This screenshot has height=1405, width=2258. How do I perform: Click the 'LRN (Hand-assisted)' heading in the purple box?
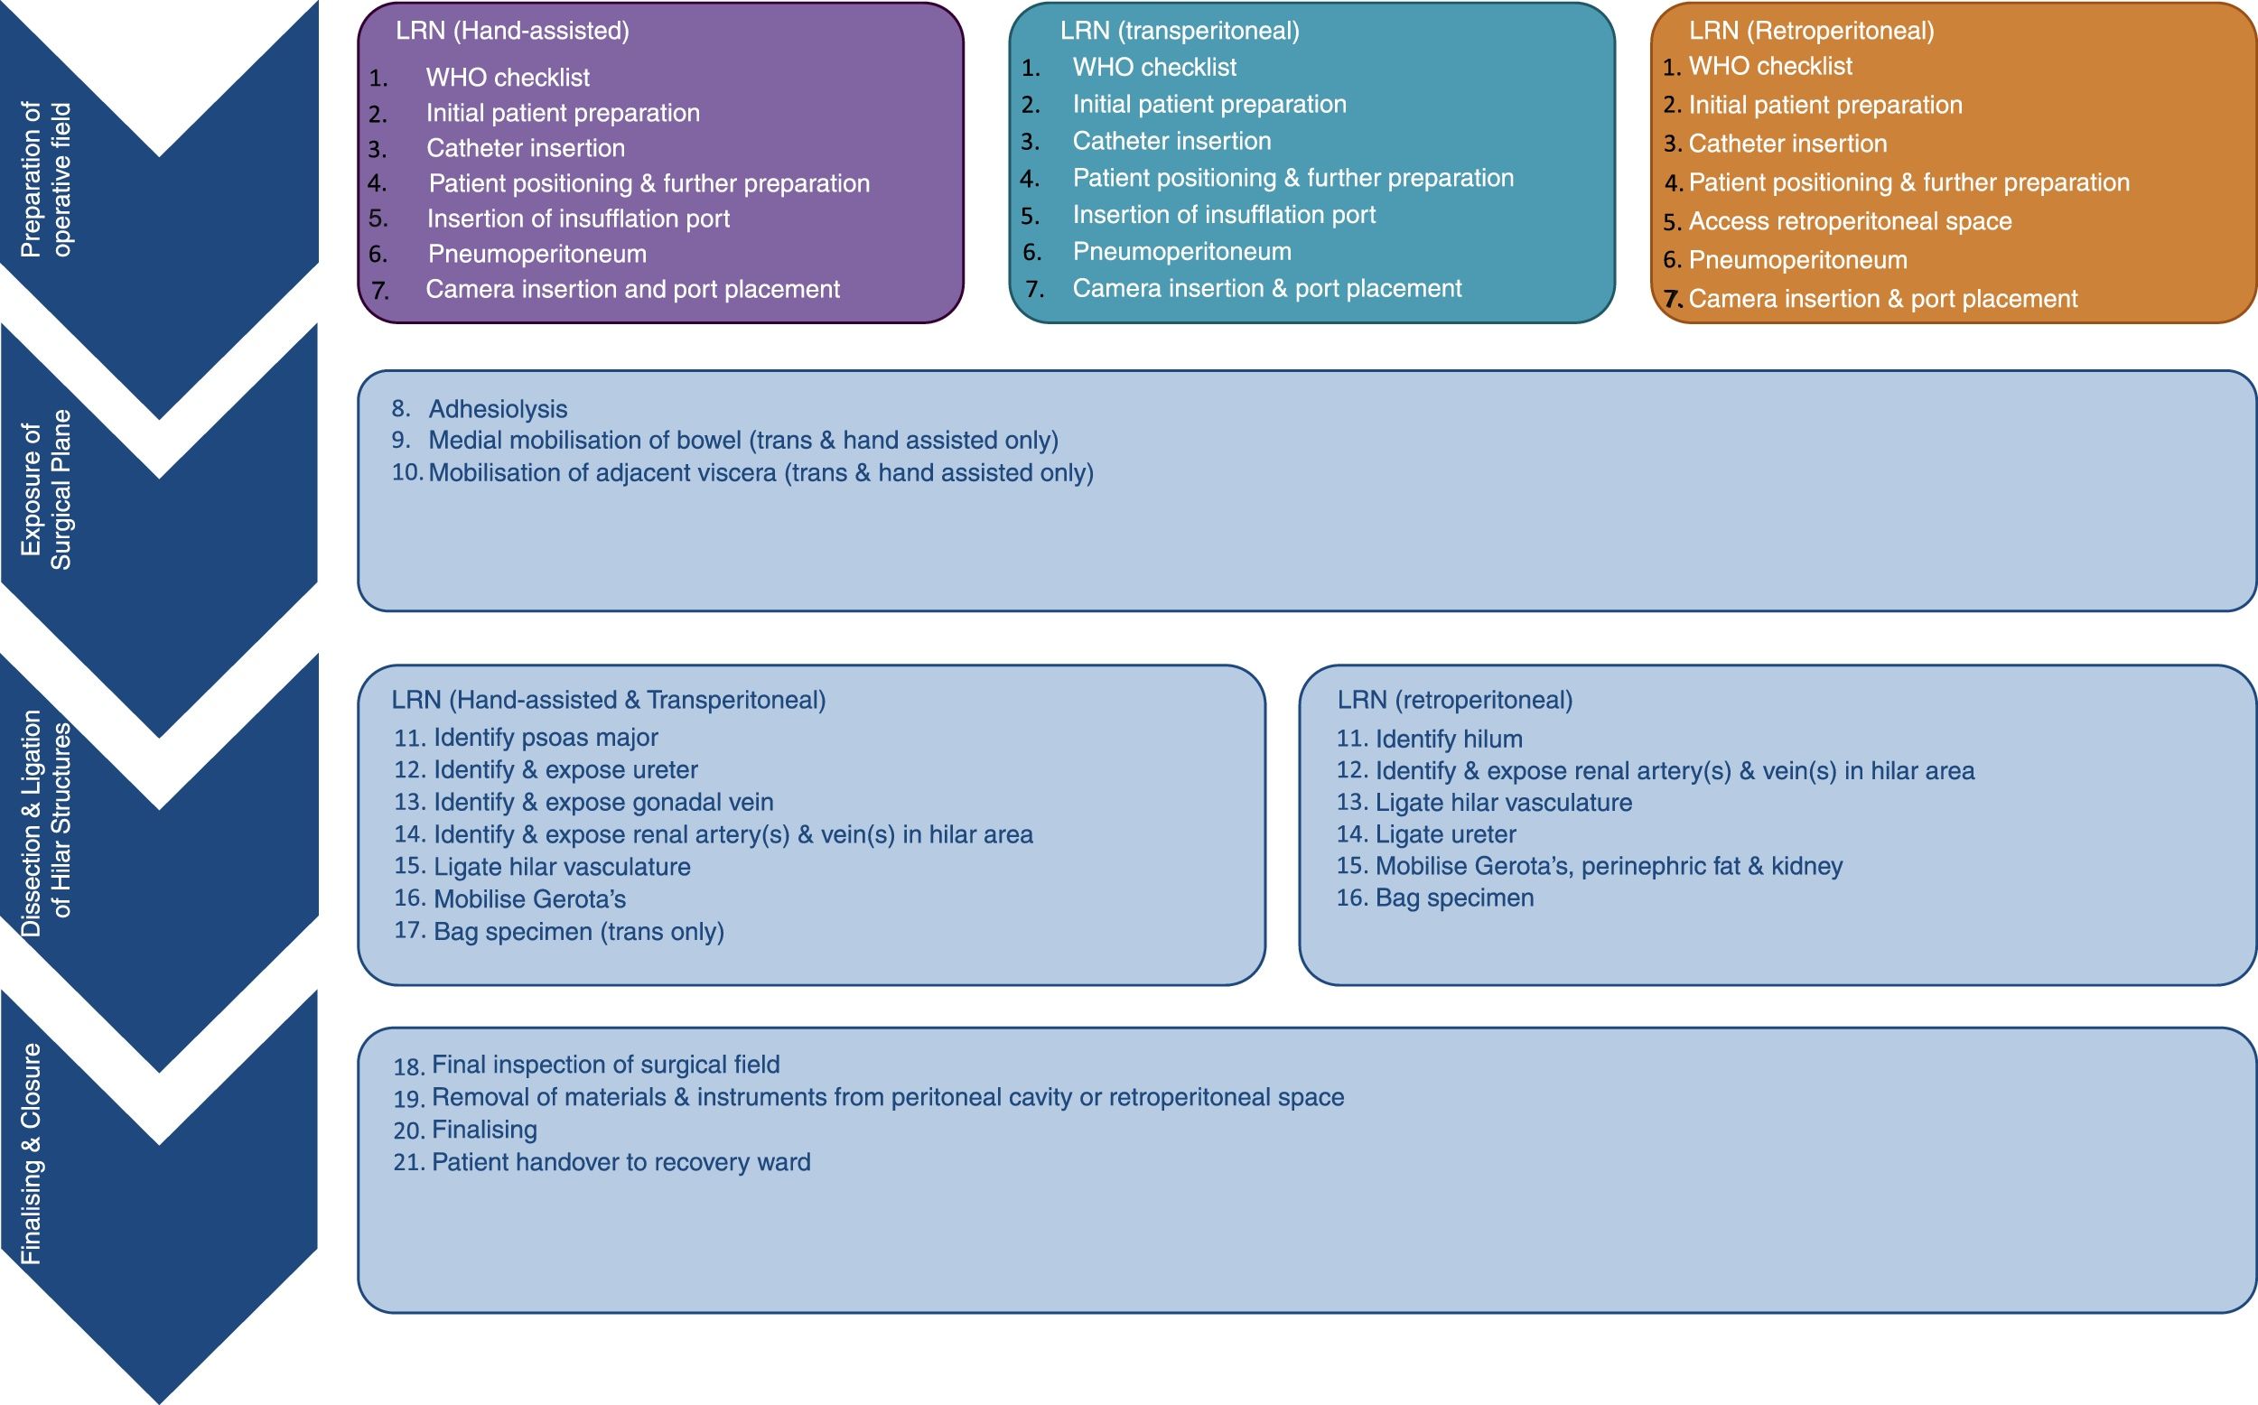512,31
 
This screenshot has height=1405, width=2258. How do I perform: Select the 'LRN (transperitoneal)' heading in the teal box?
1180,31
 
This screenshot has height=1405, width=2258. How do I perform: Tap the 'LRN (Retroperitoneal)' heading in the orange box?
1811,31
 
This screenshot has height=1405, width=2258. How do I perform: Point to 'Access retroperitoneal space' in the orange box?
1849,221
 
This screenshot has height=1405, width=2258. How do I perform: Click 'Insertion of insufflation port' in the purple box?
578,219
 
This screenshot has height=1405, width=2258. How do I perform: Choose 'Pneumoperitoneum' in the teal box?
1181,252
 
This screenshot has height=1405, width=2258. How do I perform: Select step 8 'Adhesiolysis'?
497,409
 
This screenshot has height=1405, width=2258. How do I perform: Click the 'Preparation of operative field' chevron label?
46,179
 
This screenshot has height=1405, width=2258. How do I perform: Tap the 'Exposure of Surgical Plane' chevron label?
46,489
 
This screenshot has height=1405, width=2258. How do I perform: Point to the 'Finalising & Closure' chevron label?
32,1153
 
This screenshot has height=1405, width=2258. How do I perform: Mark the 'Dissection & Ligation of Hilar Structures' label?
46,822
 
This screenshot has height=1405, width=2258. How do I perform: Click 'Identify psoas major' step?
546,738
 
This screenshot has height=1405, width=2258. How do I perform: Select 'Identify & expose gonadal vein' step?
603,802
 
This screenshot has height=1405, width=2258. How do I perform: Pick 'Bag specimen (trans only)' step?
578,931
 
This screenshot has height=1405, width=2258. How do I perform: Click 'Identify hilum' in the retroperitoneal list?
1448,740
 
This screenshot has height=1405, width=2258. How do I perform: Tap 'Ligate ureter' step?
1445,834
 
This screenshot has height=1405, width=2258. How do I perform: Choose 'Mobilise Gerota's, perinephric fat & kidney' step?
1608,866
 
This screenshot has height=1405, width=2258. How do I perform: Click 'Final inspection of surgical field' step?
605,1065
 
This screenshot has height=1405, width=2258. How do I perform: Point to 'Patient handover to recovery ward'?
620,1162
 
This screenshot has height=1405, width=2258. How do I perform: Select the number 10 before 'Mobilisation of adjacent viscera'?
406,473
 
